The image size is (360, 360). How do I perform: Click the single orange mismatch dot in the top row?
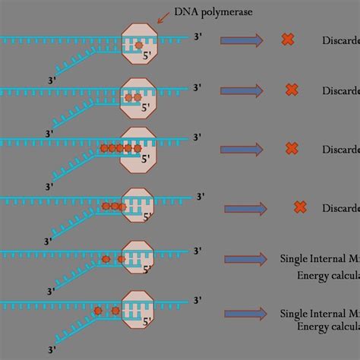click(x=138, y=46)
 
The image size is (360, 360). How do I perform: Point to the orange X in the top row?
click(x=287, y=39)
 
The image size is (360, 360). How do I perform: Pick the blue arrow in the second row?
click(x=248, y=90)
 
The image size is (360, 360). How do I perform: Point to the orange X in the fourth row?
click(x=299, y=207)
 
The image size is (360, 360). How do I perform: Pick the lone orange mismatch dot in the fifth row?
click(x=106, y=260)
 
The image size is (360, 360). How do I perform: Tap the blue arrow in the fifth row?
click(x=248, y=258)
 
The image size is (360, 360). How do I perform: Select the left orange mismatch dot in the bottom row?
click(x=98, y=311)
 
